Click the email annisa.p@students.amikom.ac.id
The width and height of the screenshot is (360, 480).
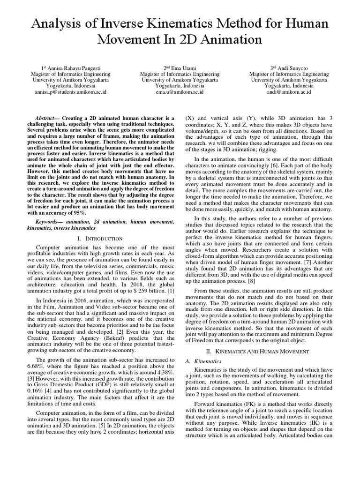click(x=70, y=92)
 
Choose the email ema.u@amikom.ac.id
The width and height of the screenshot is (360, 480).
click(x=180, y=92)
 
